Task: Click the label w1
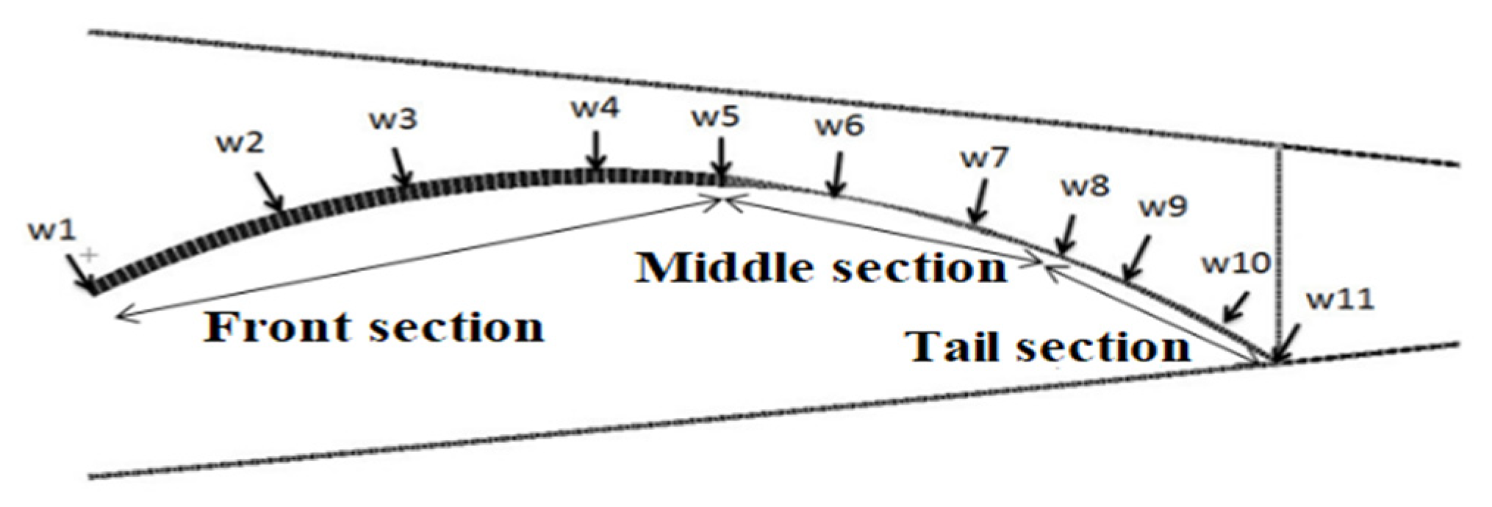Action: coord(51,231)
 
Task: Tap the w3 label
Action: coord(393,119)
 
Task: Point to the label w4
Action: coord(595,109)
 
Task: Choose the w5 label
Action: coord(715,118)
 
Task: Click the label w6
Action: coord(839,126)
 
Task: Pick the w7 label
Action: coord(986,158)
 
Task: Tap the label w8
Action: coord(1085,187)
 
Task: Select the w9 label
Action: coord(1163,207)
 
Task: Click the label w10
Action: coord(1235,263)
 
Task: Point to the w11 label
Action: coord(1340,300)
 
